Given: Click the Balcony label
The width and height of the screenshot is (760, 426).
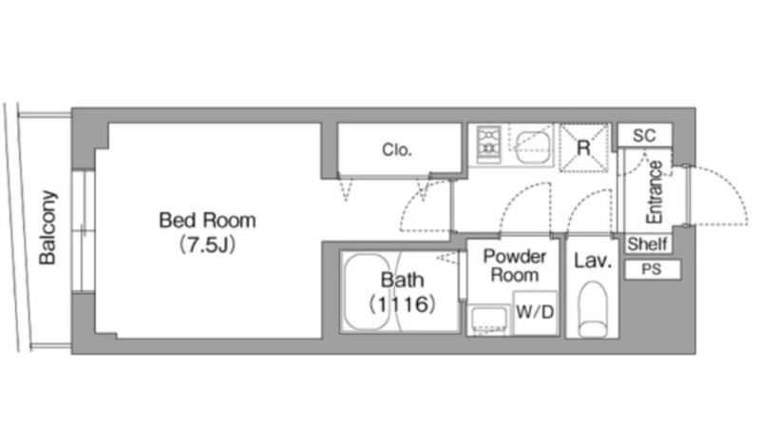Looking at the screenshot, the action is (48, 227).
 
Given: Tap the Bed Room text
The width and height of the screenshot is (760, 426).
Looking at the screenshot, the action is (207, 221).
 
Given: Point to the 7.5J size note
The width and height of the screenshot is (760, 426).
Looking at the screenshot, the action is (207, 244).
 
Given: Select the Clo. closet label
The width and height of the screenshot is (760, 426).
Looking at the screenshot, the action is (397, 149).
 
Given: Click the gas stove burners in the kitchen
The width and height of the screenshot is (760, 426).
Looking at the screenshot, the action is (488, 145).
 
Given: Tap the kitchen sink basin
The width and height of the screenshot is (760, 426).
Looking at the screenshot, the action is (532, 147).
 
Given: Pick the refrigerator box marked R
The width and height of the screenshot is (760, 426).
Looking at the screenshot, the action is (583, 147).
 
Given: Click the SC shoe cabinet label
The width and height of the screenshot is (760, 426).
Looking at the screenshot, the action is (644, 135).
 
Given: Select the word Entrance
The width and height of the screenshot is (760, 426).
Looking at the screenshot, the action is (655, 192).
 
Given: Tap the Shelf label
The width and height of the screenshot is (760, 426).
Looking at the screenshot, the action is (648, 243).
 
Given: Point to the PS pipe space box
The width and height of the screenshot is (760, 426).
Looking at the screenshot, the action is (653, 269).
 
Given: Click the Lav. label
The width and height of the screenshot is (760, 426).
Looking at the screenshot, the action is (592, 261).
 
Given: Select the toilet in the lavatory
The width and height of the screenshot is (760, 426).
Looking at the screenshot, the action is (593, 309).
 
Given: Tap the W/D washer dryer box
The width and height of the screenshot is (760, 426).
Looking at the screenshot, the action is (535, 313).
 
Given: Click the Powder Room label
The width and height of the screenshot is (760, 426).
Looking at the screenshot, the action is (515, 265).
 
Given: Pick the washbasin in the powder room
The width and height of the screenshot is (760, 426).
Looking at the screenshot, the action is (489, 319).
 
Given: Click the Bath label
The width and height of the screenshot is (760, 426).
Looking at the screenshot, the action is (402, 280).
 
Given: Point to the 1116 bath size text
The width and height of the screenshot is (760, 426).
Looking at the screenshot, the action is (402, 304).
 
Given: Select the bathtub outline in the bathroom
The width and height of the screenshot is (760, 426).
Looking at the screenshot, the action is (367, 292).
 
